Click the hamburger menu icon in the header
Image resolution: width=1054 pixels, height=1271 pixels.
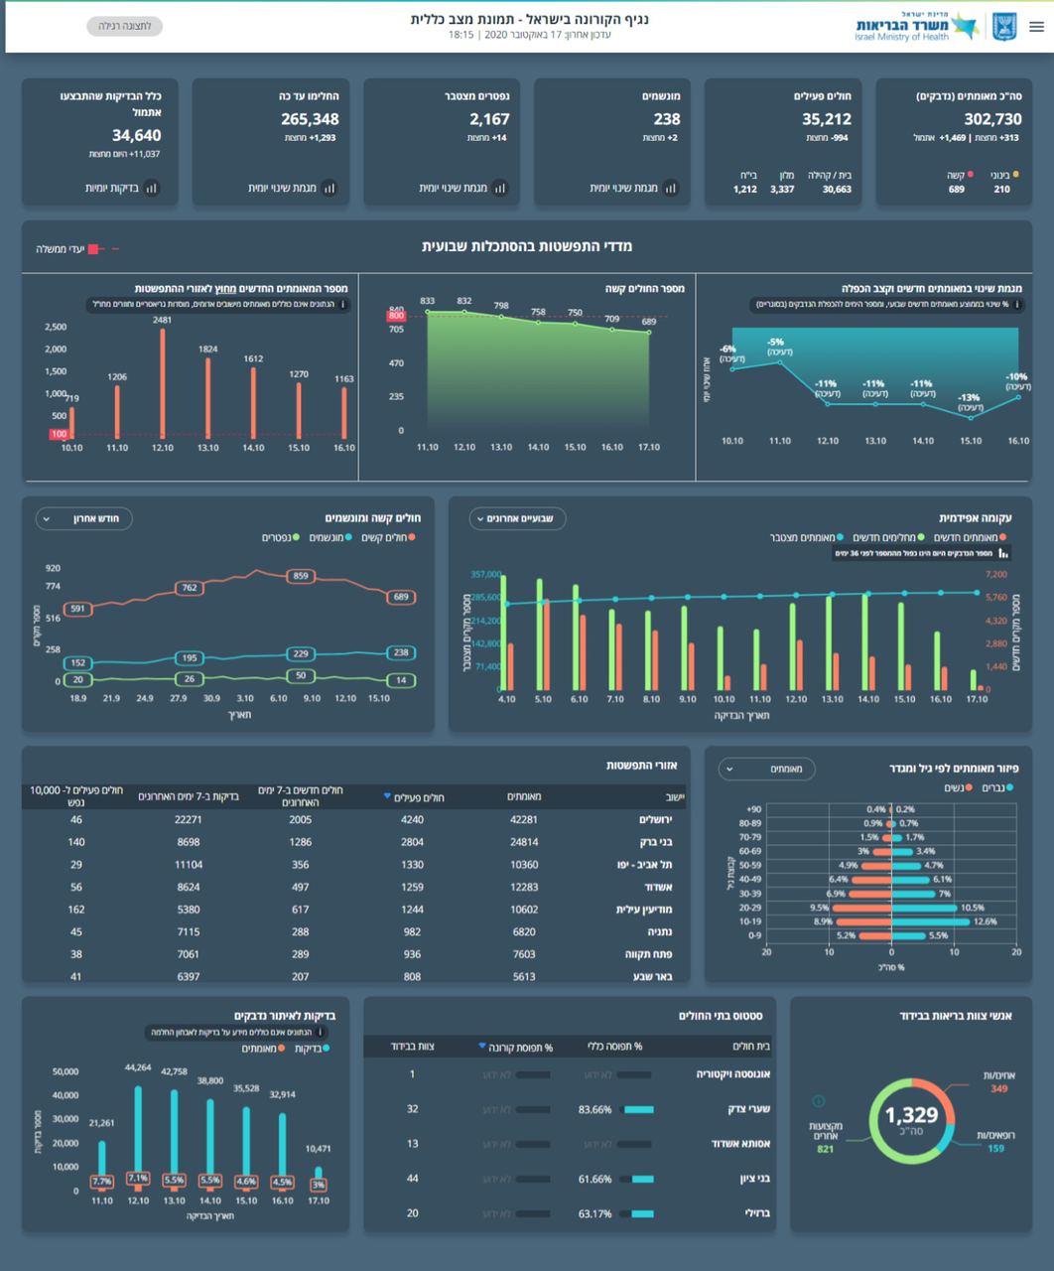tap(1036, 27)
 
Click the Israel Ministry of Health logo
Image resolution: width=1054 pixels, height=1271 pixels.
tap(933, 27)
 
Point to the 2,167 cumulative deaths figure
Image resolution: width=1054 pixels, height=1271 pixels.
tap(489, 119)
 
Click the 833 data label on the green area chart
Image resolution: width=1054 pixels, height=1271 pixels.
tap(428, 301)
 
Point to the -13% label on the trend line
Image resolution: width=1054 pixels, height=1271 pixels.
tap(970, 397)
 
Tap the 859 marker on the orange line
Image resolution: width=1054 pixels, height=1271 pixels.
tap(301, 576)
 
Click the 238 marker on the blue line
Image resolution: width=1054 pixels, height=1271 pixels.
tap(400, 652)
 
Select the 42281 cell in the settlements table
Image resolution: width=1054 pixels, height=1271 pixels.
tap(523, 820)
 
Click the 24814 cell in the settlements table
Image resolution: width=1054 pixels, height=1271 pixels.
tap(523, 842)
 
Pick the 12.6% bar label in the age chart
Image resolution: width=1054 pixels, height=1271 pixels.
tap(985, 921)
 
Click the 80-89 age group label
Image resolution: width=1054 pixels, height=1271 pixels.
tap(750, 823)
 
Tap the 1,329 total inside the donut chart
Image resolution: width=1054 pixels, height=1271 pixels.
tap(911, 1115)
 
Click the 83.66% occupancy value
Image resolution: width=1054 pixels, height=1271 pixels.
tap(595, 1109)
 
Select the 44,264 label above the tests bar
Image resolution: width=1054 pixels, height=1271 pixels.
tap(138, 1067)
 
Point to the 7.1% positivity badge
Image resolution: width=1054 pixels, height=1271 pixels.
tap(138, 1179)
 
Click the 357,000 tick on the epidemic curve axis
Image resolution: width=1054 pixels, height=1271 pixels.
tap(485, 574)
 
